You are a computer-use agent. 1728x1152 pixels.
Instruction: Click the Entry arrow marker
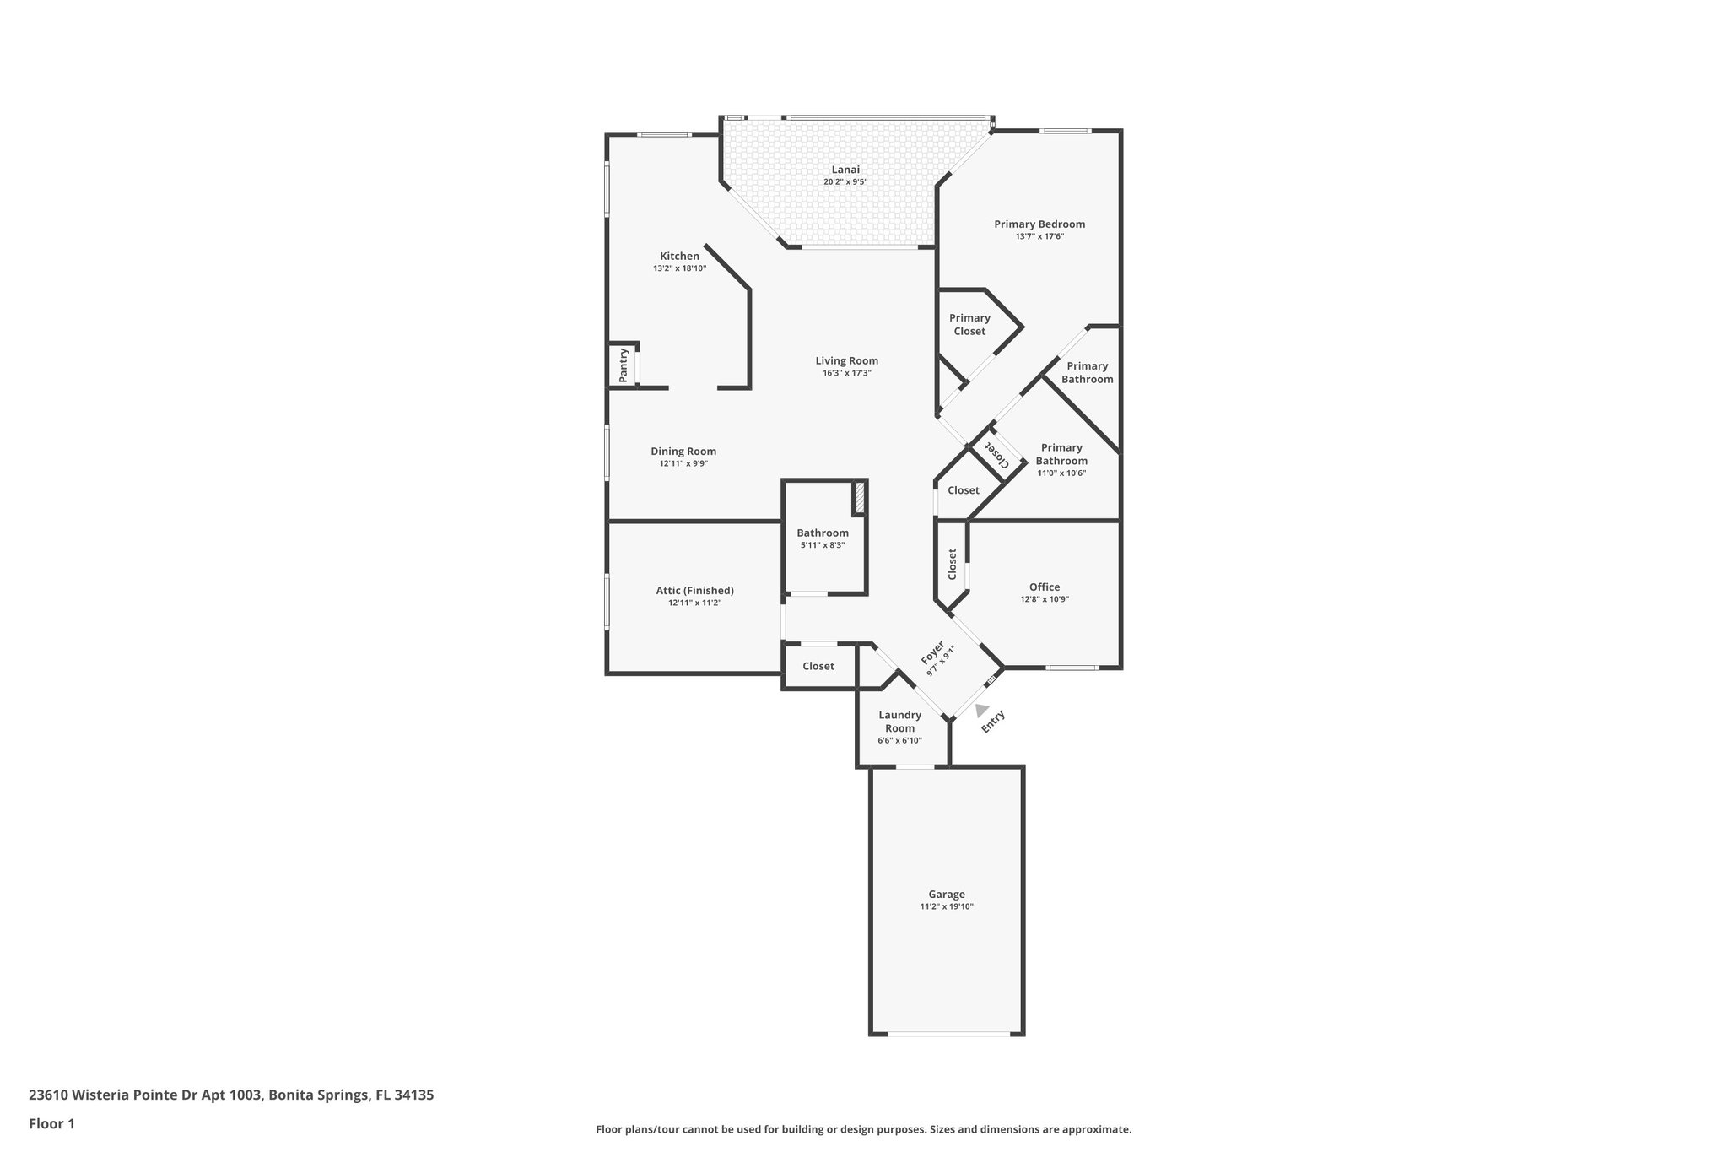(982, 711)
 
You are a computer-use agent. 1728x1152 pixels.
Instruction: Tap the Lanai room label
(845, 170)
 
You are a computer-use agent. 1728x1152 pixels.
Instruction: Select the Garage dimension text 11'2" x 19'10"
(947, 907)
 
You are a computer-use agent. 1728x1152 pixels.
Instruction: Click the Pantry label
(624, 365)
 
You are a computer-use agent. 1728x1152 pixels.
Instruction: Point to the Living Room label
(846, 360)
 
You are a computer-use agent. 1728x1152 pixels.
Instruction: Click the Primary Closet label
(969, 324)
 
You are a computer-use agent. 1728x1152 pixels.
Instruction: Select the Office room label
(1045, 587)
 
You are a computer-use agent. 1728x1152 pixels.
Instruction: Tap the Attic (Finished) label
(694, 590)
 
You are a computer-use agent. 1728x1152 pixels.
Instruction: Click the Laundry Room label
(899, 722)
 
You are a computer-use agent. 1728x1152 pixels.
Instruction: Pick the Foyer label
(932, 652)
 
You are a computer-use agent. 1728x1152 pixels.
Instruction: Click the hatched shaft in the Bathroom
(859, 498)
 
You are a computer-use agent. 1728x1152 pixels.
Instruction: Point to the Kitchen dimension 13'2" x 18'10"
(679, 268)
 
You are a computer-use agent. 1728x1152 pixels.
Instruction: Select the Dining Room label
(683, 451)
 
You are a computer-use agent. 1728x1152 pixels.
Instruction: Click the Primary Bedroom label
(1039, 224)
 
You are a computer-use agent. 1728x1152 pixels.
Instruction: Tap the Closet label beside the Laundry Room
(818, 666)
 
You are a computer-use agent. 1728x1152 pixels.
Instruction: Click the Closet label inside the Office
(953, 564)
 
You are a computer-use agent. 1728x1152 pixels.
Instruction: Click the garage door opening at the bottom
(947, 1033)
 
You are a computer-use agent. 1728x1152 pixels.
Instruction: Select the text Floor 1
(51, 1123)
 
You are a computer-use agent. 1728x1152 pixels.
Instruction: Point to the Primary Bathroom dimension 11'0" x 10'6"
(1061, 473)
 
